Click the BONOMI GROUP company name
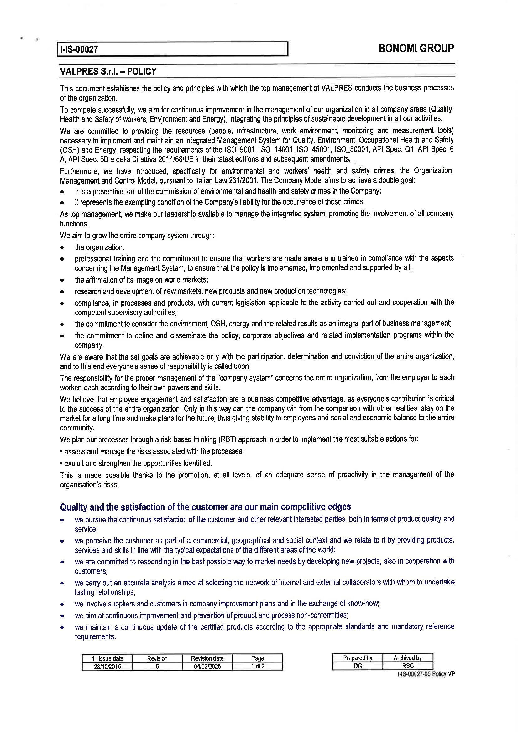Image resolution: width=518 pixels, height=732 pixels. click(x=416, y=49)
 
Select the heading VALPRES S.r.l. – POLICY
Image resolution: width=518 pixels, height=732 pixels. click(x=108, y=71)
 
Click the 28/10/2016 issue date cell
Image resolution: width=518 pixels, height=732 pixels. click(x=107, y=666)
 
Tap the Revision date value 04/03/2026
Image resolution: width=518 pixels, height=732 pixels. click(x=207, y=666)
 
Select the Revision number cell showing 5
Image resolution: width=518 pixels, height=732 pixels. click(x=157, y=666)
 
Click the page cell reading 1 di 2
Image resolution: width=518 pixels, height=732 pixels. click(x=257, y=666)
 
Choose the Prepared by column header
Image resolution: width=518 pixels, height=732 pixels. click(x=358, y=658)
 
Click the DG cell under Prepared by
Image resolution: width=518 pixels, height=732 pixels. click(x=358, y=666)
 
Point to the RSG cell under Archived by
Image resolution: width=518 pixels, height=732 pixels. click(x=408, y=666)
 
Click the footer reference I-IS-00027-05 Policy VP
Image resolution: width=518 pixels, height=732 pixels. click(x=426, y=674)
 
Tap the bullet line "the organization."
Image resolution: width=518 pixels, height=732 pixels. click(x=100, y=247)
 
